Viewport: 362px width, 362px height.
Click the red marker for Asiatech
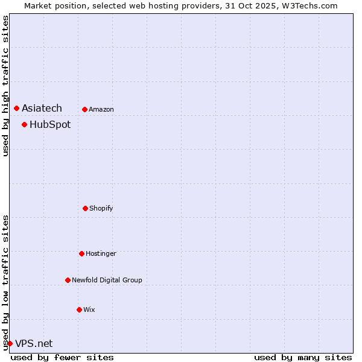(x=16, y=108)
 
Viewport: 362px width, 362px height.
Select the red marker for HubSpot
(x=24, y=124)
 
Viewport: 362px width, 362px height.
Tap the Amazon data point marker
(x=84, y=109)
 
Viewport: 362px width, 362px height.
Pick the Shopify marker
(x=85, y=208)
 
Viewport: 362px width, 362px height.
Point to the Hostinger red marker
(x=81, y=253)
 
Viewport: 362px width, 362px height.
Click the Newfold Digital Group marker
(x=68, y=280)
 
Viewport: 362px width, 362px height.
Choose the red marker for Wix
(x=79, y=310)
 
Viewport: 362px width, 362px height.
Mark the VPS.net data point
(x=10, y=343)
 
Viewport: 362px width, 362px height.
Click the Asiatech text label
(x=42, y=108)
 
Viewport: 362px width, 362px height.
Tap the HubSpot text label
(x=50, y=124)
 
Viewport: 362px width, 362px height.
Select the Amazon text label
(x=101, y=109)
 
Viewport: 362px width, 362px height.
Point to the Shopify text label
(x=101, y=208)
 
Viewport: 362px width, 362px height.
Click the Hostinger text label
(x=101, y=253)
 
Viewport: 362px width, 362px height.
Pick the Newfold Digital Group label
(x=107, y=280)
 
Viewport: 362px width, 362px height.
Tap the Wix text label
(x=89, y=310)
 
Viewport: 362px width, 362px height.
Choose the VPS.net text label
(x=34, y=343)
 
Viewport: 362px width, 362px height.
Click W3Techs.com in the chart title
(x=308, y=5)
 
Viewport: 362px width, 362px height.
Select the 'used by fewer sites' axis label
(x=62, y=357)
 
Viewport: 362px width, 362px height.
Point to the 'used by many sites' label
(x=303, y=357)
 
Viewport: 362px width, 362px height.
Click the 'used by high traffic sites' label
(x=5, y=86)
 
